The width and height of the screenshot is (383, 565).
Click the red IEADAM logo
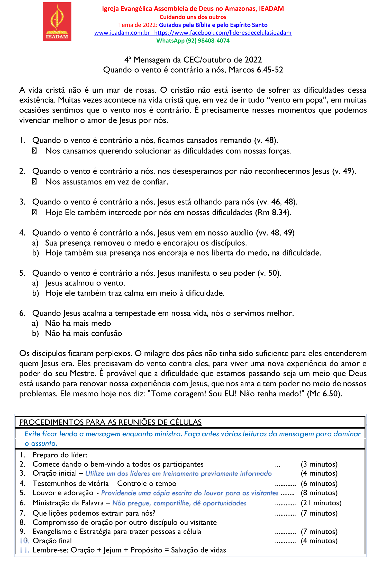tap(57, 21)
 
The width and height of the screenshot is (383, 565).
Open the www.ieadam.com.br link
tap(122, 33)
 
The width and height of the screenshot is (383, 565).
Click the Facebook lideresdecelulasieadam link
tap(223, 33)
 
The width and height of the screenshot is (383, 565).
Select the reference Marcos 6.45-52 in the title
tap(256, 70)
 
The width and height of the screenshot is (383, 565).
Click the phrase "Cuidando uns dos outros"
tap(193, 17)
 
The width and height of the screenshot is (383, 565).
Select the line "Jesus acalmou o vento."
tap(85, 283)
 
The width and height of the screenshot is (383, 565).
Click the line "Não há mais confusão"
tap(84, 334)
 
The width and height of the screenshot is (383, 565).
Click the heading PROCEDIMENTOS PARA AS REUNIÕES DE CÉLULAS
tap(111, 422)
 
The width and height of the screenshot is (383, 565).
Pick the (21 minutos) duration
tap(321, 503)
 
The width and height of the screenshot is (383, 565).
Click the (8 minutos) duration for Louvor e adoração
tap(319, 493)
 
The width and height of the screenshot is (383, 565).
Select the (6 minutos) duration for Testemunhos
tap(319, 484)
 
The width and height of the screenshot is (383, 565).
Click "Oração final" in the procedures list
tap(52, 541)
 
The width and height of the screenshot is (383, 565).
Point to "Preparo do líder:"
tap(60, 455)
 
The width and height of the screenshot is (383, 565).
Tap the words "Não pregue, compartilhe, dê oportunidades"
tap(179, 503)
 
